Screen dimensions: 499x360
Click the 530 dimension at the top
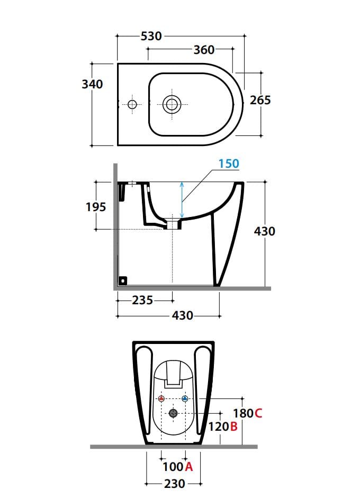tap(151, 36)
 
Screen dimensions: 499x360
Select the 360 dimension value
tap(204, 50)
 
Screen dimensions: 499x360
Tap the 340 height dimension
tap(93, 84)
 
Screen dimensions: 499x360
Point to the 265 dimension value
tap(260, 100)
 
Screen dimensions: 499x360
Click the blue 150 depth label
tap(229, 164)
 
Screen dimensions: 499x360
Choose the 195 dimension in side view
tap(96, 207)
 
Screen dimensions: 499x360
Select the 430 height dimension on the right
tap(264, 231)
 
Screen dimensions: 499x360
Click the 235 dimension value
tap(142, 301)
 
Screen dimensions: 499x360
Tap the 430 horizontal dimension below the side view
tap(182, 316)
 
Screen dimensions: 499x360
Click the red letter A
tap(189, 467)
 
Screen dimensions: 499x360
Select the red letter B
tap(233, 427)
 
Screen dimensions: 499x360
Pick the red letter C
tap(258, 413)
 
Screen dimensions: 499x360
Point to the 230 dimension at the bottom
tap(174, 484)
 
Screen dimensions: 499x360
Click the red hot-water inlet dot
tap(161, 398)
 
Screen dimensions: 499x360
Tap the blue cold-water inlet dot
tap(185, 398)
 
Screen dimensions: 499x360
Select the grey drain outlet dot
tap(173, 413)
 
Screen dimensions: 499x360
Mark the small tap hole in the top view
tap(132, 104)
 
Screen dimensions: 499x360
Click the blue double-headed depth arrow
tap(182, 200)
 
